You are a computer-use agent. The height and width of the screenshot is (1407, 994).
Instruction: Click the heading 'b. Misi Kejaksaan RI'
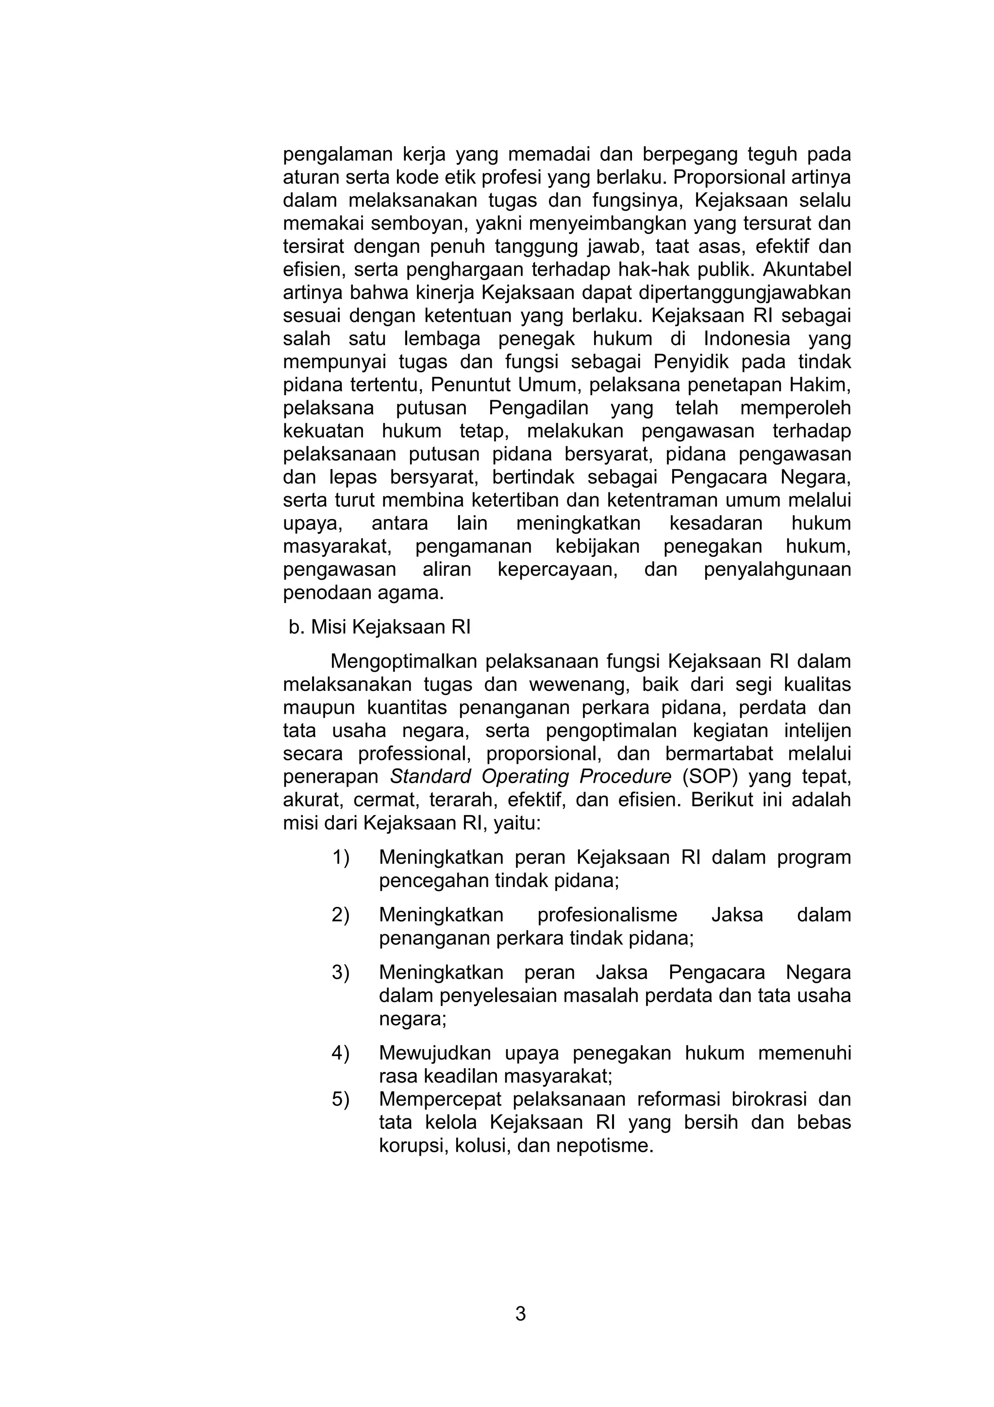pyautogui.click(x=379, y=627)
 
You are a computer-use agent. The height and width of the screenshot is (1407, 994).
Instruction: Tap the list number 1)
pyautogui.click(x=341, y=857)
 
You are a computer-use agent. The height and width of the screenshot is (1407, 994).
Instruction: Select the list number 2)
pyautogui.click(x=341, y=915)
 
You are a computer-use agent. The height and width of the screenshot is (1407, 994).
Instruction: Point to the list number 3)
pyautogui.click(x=341, y=972)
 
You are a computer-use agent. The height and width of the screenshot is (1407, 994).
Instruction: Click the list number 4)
pyautogui.click(x=341, y=1053)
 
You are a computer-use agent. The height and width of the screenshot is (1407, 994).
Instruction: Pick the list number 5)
pyautogui.click(x=341, y=1099)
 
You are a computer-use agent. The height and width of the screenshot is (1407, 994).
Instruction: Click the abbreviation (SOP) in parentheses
pyautogui.click(x=710, y=776)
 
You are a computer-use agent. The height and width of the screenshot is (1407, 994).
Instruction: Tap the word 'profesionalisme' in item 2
pyautogui.click(x=607, y=915)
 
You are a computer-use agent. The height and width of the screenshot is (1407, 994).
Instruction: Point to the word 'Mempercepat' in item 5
pyautogui.click(x=440, y=1099)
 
